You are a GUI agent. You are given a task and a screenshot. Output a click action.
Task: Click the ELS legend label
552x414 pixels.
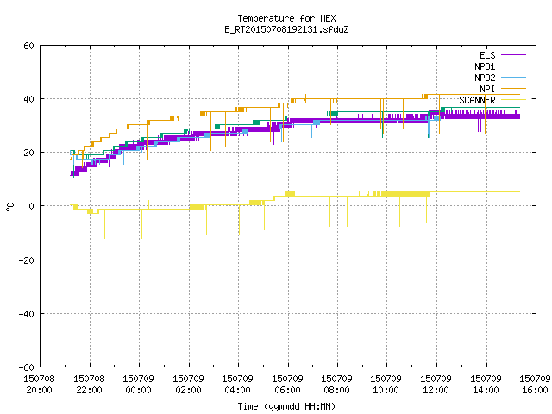(487, 55)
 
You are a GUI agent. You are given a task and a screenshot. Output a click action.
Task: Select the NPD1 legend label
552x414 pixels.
(485, 66)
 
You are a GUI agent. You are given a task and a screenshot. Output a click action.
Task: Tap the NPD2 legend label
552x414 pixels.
(485, 78)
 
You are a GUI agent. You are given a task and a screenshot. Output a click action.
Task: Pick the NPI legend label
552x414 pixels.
(487, 89)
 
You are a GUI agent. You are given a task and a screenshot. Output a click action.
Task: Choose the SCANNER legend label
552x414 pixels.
(477, 100)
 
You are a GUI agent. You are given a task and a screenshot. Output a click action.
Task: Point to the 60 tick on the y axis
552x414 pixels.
(28, 46)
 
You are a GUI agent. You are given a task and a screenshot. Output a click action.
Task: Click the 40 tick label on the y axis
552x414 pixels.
(28, 99)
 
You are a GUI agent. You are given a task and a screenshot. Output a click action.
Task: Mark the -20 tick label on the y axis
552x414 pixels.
(27, 260)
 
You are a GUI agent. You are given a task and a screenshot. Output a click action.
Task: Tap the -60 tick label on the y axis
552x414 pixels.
(27, 367)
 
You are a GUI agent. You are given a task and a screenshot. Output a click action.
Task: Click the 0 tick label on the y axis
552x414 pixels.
(32, 206)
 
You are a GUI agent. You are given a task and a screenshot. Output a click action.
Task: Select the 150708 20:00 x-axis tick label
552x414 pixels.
(39, 385)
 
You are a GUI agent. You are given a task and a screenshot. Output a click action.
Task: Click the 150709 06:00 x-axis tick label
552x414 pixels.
(287, 385)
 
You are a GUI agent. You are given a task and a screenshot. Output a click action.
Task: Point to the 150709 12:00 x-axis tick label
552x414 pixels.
(436, 385)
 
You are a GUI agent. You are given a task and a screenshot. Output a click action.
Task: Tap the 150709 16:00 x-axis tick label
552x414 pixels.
(535, 385)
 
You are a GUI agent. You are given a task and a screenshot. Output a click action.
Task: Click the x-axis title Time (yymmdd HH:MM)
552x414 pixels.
(286, 406)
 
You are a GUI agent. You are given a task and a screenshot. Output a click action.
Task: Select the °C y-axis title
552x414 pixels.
(9, 207)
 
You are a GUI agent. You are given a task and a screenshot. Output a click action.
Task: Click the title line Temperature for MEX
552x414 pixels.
(286, 18)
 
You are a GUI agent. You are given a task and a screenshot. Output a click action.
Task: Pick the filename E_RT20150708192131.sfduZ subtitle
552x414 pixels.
(286, 29)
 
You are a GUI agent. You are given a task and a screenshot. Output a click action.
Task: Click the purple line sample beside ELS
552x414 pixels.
(513, 55)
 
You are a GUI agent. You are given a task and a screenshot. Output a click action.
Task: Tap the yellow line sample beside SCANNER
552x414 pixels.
(513, 100)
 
